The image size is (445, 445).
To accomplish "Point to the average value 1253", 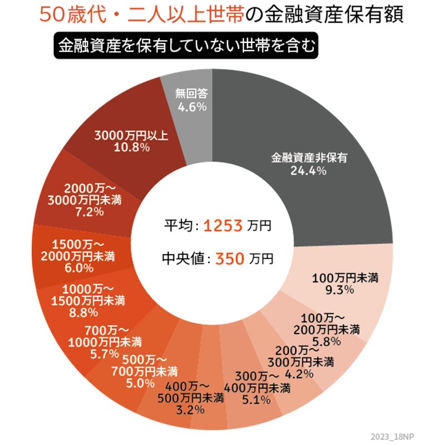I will pyautogui.click(x=222, y=226).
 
